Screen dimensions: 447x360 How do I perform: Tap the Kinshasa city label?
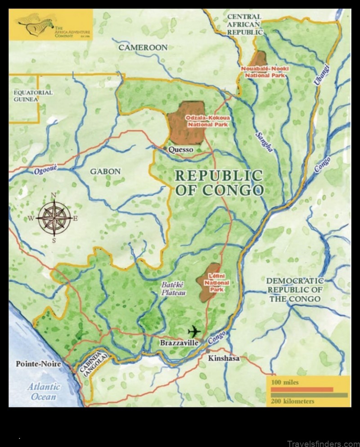point(223,358)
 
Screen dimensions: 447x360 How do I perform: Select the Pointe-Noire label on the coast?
point(38,364)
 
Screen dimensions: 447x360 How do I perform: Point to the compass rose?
point(54,217)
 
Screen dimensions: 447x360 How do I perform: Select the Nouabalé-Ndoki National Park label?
point(266,72)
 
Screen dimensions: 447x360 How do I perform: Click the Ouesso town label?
point(180,149)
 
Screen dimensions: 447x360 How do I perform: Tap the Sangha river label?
point(264,142)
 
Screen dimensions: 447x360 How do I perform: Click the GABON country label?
point(105,171)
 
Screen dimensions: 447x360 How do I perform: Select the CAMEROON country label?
point(143,47)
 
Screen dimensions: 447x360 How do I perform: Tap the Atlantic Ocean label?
point(44,391)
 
